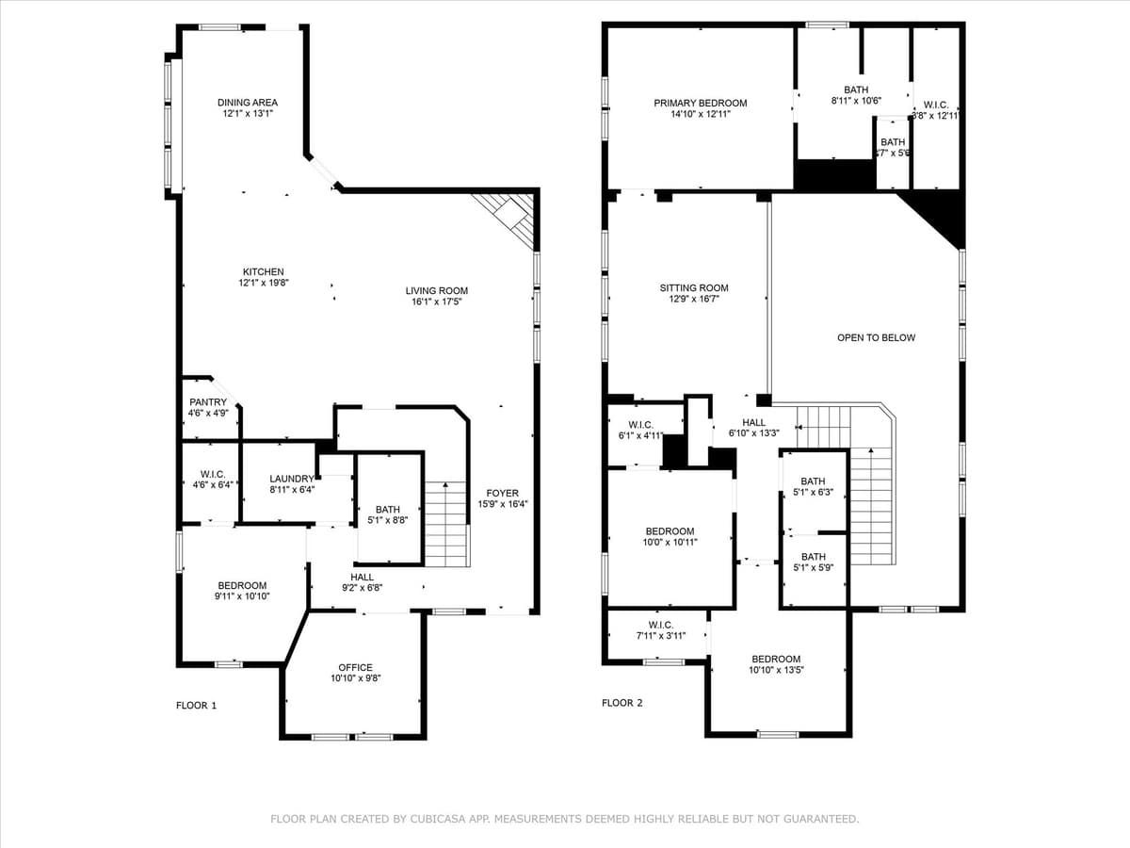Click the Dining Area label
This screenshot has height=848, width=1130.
point(248,103)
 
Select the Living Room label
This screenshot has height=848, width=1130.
point(437,291)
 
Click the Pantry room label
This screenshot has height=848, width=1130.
point(208,402)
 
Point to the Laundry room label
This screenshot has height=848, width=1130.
point(291,480)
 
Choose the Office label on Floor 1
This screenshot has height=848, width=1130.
point(355,667)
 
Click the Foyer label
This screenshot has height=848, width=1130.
point(502,493)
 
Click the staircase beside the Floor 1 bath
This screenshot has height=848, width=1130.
point(446,523)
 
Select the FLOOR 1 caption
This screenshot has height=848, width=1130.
point(196,706)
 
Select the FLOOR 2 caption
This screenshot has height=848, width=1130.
point(622,703)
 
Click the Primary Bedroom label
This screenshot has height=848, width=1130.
point(701,104)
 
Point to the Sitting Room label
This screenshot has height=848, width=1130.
point(693,288)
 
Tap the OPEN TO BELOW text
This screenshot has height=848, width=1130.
point(876,337)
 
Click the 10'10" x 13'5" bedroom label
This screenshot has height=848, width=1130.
point(776,660)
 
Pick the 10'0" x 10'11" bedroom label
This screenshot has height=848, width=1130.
point(670,531)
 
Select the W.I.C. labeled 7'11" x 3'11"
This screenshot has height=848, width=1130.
point(660,626)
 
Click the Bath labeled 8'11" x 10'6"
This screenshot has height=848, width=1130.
point(855,90)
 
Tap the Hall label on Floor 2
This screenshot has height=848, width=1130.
point(754,423)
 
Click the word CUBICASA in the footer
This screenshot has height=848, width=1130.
point(443,820)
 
